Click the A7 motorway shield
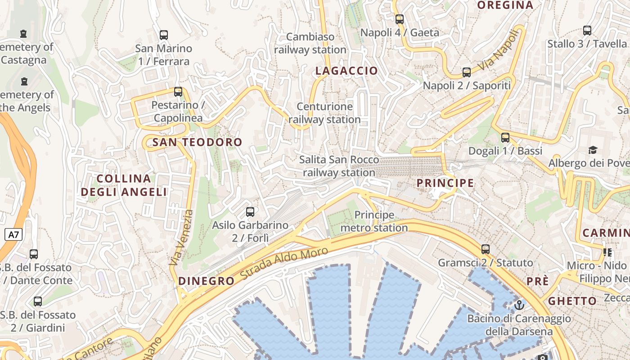click(x=14, y=234)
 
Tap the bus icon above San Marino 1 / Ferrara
click(x=164, y=35)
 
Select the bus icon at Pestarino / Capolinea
click(x=178, y=92)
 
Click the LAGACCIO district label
click(x=346, y=71)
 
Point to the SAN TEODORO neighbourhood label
click(x=198, y=143)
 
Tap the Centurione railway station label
click(x=324, y=113)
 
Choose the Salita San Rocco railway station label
click(x=339, y=166)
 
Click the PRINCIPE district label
click(x=445, y=183)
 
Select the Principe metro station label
click(x=374, y=221)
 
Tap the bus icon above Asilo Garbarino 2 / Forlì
click(x=250, y=211)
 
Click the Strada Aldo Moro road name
click(x=284, y=263)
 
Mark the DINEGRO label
click(x=207, y=281)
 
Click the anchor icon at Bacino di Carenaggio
click(x=519, y=305)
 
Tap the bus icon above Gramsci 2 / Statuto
click(x=485, y=249)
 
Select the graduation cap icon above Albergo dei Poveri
click(x=593, y=150)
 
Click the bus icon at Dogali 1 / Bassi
click(x=505, y=138)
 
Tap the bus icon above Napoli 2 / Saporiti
click(x=467, y=72)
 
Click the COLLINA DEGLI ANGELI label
click(x=124, y=185)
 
